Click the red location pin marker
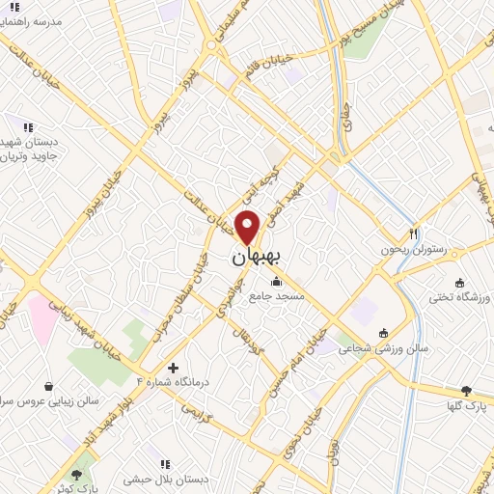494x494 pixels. tap(249, 226)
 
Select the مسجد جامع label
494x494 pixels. tap(278, 297)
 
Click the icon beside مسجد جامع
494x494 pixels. tap(278, 282)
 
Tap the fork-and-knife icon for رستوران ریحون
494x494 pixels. tap(414, 233)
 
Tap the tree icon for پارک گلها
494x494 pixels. tap(466, 392)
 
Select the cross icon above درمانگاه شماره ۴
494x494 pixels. tap(173, 368)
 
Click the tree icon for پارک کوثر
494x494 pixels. tap(76, 475)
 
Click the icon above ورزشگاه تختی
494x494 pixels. tap(459, 283)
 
